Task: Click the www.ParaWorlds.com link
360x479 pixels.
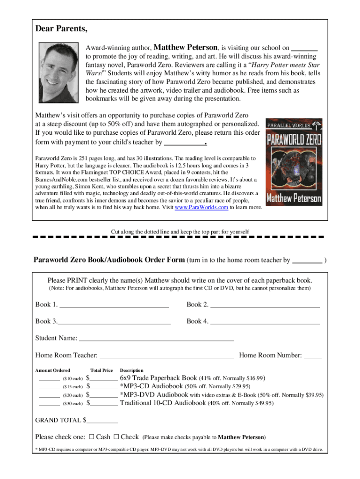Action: coord(201,207)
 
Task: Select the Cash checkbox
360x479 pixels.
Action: coord(92,437)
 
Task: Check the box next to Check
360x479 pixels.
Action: coord(116,437)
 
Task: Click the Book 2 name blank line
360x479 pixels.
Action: coord(265,305)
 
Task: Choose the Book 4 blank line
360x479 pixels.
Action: coord(265,322)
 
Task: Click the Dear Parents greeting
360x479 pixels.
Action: coord(61,29)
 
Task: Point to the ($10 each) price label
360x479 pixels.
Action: coord(72,378)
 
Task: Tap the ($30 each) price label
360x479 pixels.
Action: coord(72,403)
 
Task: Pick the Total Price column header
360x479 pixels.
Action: coord(101,370)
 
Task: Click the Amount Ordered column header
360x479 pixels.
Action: coord(53,370)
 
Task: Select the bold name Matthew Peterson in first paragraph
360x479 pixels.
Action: coord(186,47)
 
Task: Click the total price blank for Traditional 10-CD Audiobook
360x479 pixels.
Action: coord(104,403)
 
